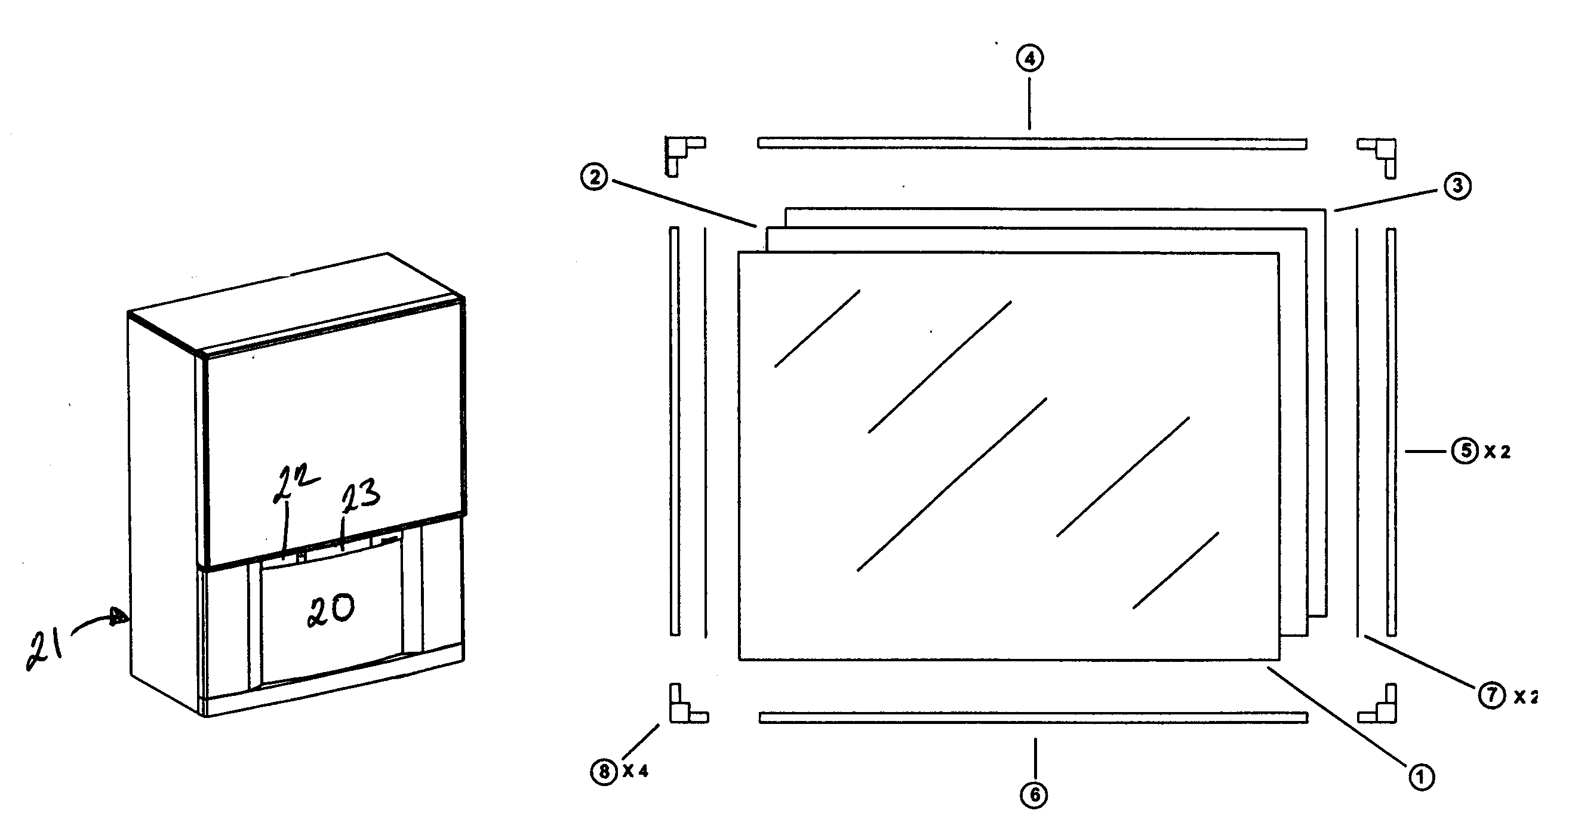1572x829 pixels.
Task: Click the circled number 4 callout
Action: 1029,58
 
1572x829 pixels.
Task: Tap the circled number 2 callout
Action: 595,177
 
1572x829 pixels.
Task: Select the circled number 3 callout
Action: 1457,186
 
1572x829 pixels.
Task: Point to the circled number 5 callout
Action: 1464,451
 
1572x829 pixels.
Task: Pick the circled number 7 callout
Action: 1491,695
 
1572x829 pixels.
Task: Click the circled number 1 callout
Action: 1421,776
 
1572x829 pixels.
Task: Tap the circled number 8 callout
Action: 604,772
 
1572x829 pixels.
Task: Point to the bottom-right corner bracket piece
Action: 1380,708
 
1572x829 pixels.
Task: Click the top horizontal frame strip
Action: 1031,143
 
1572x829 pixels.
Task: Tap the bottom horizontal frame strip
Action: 1033,718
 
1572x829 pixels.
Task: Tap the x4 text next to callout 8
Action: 636,772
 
